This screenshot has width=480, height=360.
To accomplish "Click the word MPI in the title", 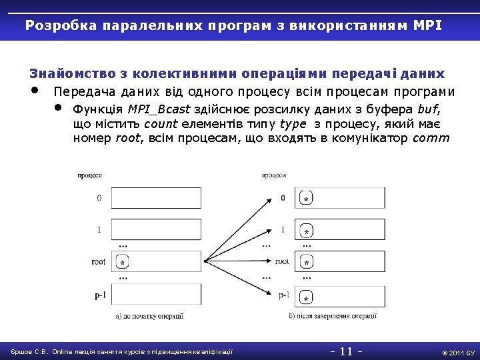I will click(427, 26).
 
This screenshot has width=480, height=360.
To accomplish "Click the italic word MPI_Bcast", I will click(159, 109).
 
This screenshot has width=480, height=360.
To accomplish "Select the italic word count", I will click(161, 124).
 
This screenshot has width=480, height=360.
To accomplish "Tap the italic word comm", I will click(431, 139).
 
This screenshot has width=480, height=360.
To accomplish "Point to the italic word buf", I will click(428, 109).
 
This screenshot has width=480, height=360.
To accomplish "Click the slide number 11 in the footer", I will click(346, 351).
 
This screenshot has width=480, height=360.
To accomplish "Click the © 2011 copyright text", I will click(457, 352).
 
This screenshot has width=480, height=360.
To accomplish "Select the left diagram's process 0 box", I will click(156, 198).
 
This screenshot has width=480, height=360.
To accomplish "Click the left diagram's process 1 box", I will click(156, 230).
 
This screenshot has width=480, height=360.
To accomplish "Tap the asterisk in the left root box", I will click(123, 264).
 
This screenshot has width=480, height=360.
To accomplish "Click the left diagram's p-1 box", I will click(156, 294).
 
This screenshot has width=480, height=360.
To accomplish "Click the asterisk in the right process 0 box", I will click(305, 199).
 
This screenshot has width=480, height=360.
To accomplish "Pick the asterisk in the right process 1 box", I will click(306, 231).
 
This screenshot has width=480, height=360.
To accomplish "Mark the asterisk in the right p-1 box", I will click(306, 297).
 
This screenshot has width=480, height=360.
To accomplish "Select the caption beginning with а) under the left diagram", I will click(149, 316).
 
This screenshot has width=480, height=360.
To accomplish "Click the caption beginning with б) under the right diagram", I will click(333, 316).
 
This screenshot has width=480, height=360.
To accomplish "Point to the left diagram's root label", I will click(99, 262).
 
